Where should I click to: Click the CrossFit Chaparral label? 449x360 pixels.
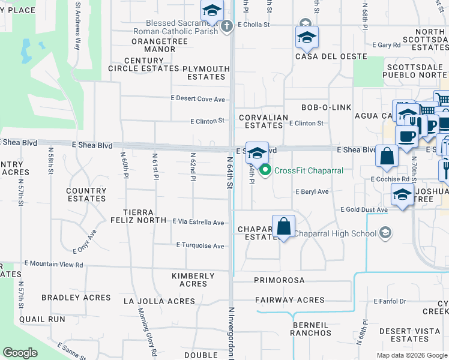pos(309,170)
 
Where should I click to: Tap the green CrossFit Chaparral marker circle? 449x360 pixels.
pos(266,170)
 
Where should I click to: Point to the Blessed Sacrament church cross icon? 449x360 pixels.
pos(227,26)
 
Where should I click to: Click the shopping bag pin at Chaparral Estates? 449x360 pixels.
pos(284,227)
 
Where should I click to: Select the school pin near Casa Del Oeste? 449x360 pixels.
pos(307,37)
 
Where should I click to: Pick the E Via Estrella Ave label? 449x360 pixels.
pos(198,222)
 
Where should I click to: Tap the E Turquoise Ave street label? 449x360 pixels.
pos(200,245)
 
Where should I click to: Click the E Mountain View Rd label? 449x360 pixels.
pos(53,264)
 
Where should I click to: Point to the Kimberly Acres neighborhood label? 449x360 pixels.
pos(193,280)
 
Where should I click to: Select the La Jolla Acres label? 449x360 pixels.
pos(157,301)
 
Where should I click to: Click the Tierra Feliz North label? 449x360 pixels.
pos(144,216)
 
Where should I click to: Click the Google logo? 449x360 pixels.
pos(20,353)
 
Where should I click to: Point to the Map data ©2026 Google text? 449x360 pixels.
pos(411,355)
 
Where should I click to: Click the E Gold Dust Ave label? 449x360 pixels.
pos(364,210)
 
